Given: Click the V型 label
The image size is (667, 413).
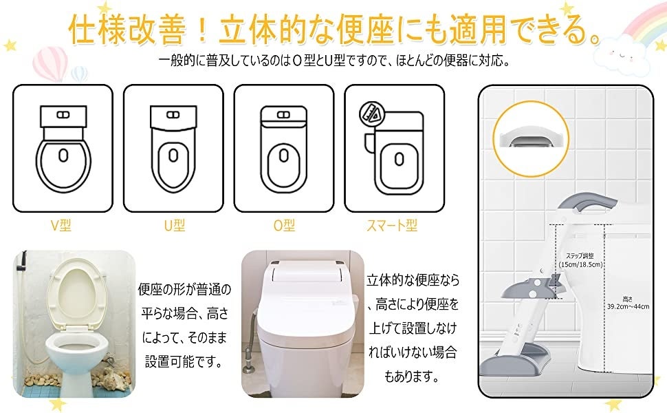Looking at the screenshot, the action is [x=61, y=225].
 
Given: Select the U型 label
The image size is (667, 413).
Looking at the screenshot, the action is [x=175, y=225].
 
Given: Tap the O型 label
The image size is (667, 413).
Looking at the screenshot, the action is [x=284, y=225].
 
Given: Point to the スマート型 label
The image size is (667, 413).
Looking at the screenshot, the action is [x=392, y=225].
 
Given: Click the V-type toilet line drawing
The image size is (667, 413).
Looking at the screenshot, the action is [x=63, y=148].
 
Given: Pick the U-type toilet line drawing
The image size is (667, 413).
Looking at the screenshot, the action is [x=173, y=148].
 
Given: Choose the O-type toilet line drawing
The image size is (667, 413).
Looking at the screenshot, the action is [x=284, y=148].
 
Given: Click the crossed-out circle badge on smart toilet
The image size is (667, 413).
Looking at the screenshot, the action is [x=372, y=114].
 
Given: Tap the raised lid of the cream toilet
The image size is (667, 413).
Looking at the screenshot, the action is [x=76, y=294].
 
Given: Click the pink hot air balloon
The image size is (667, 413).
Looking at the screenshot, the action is [x=50, y=64].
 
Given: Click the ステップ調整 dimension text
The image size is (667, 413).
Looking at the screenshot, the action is [x=580, y=256].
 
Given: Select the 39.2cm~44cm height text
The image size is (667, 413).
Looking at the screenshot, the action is [x=628, y=306].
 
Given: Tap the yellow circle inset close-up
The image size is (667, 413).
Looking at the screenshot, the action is [x=531, y=139].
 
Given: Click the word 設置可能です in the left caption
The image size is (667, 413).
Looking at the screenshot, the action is [x=184, y=362].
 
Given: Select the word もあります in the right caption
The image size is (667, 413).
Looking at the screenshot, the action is [x=411, y=377].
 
